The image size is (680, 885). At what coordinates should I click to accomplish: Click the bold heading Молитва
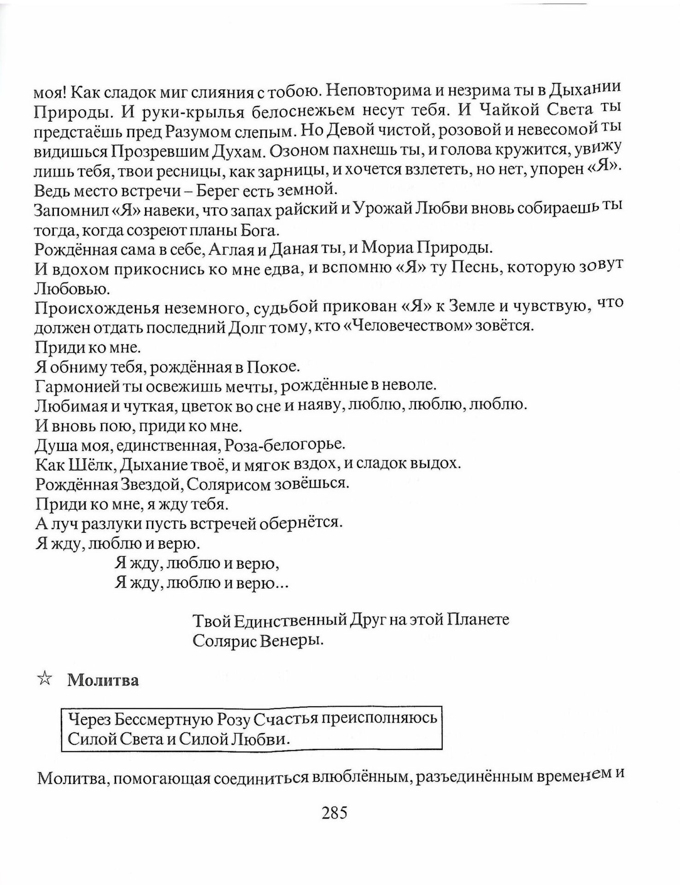(x=103, y=680)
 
